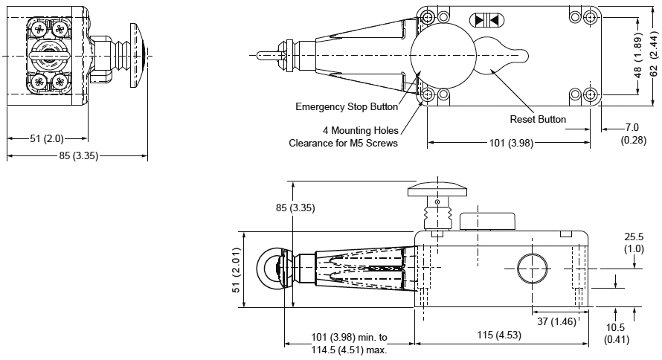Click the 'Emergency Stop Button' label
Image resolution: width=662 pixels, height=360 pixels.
(347, 106)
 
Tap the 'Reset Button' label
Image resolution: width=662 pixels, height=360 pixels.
(538, 119)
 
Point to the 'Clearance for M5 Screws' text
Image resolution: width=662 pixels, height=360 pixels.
(343, 143)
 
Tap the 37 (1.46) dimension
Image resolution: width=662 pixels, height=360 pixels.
(556, 321)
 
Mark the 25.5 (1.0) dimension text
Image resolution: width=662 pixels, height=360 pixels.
(634, 242)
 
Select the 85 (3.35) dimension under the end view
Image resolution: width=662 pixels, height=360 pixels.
(75, 155)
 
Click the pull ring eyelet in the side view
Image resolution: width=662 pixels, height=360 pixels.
(270, 269)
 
